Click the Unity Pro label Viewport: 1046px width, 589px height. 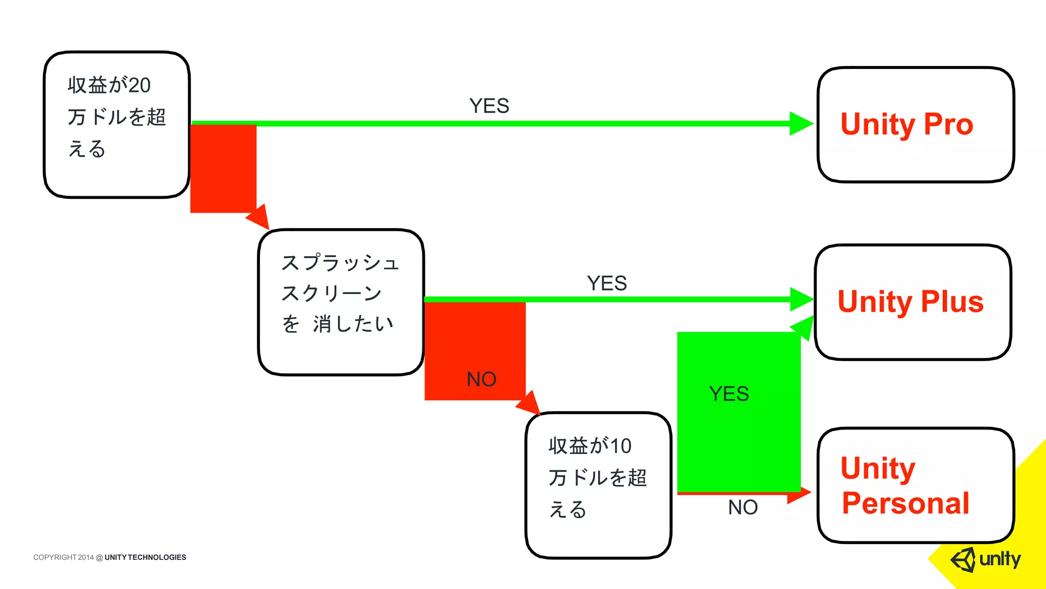(x=907, y=124)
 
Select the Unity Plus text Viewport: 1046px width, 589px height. (x=911, y=302)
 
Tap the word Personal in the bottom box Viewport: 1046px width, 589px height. (x=906, y=503)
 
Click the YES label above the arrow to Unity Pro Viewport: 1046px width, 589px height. (x=489, y=106)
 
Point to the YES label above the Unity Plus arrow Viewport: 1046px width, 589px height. (x=607, y=283)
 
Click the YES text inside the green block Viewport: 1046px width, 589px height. (x=729, y=394)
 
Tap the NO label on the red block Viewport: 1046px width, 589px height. (x=481, y=379)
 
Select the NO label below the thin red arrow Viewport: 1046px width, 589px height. (x=743, y=507)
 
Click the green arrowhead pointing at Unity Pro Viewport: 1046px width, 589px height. (x=800, y=124)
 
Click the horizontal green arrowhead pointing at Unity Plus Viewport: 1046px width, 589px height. (x=800, y=299)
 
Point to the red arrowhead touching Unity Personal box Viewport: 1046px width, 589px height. (x=799, y=494)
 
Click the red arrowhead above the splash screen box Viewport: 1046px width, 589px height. (x=259, y=217)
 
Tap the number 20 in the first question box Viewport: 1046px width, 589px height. (x=139, y=85)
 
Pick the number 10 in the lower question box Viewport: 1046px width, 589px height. (x=621, y=446)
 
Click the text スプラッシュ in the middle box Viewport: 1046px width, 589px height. (x=340, y=263)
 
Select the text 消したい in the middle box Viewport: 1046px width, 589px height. (x=353, y=324)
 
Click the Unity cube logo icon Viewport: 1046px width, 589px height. (x=963, y=559)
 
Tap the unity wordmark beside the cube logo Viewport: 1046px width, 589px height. (x=1000, y=559)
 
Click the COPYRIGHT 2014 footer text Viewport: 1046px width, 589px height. (x=63, y=557)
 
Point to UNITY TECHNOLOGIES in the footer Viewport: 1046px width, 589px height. (x=145, y=557)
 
